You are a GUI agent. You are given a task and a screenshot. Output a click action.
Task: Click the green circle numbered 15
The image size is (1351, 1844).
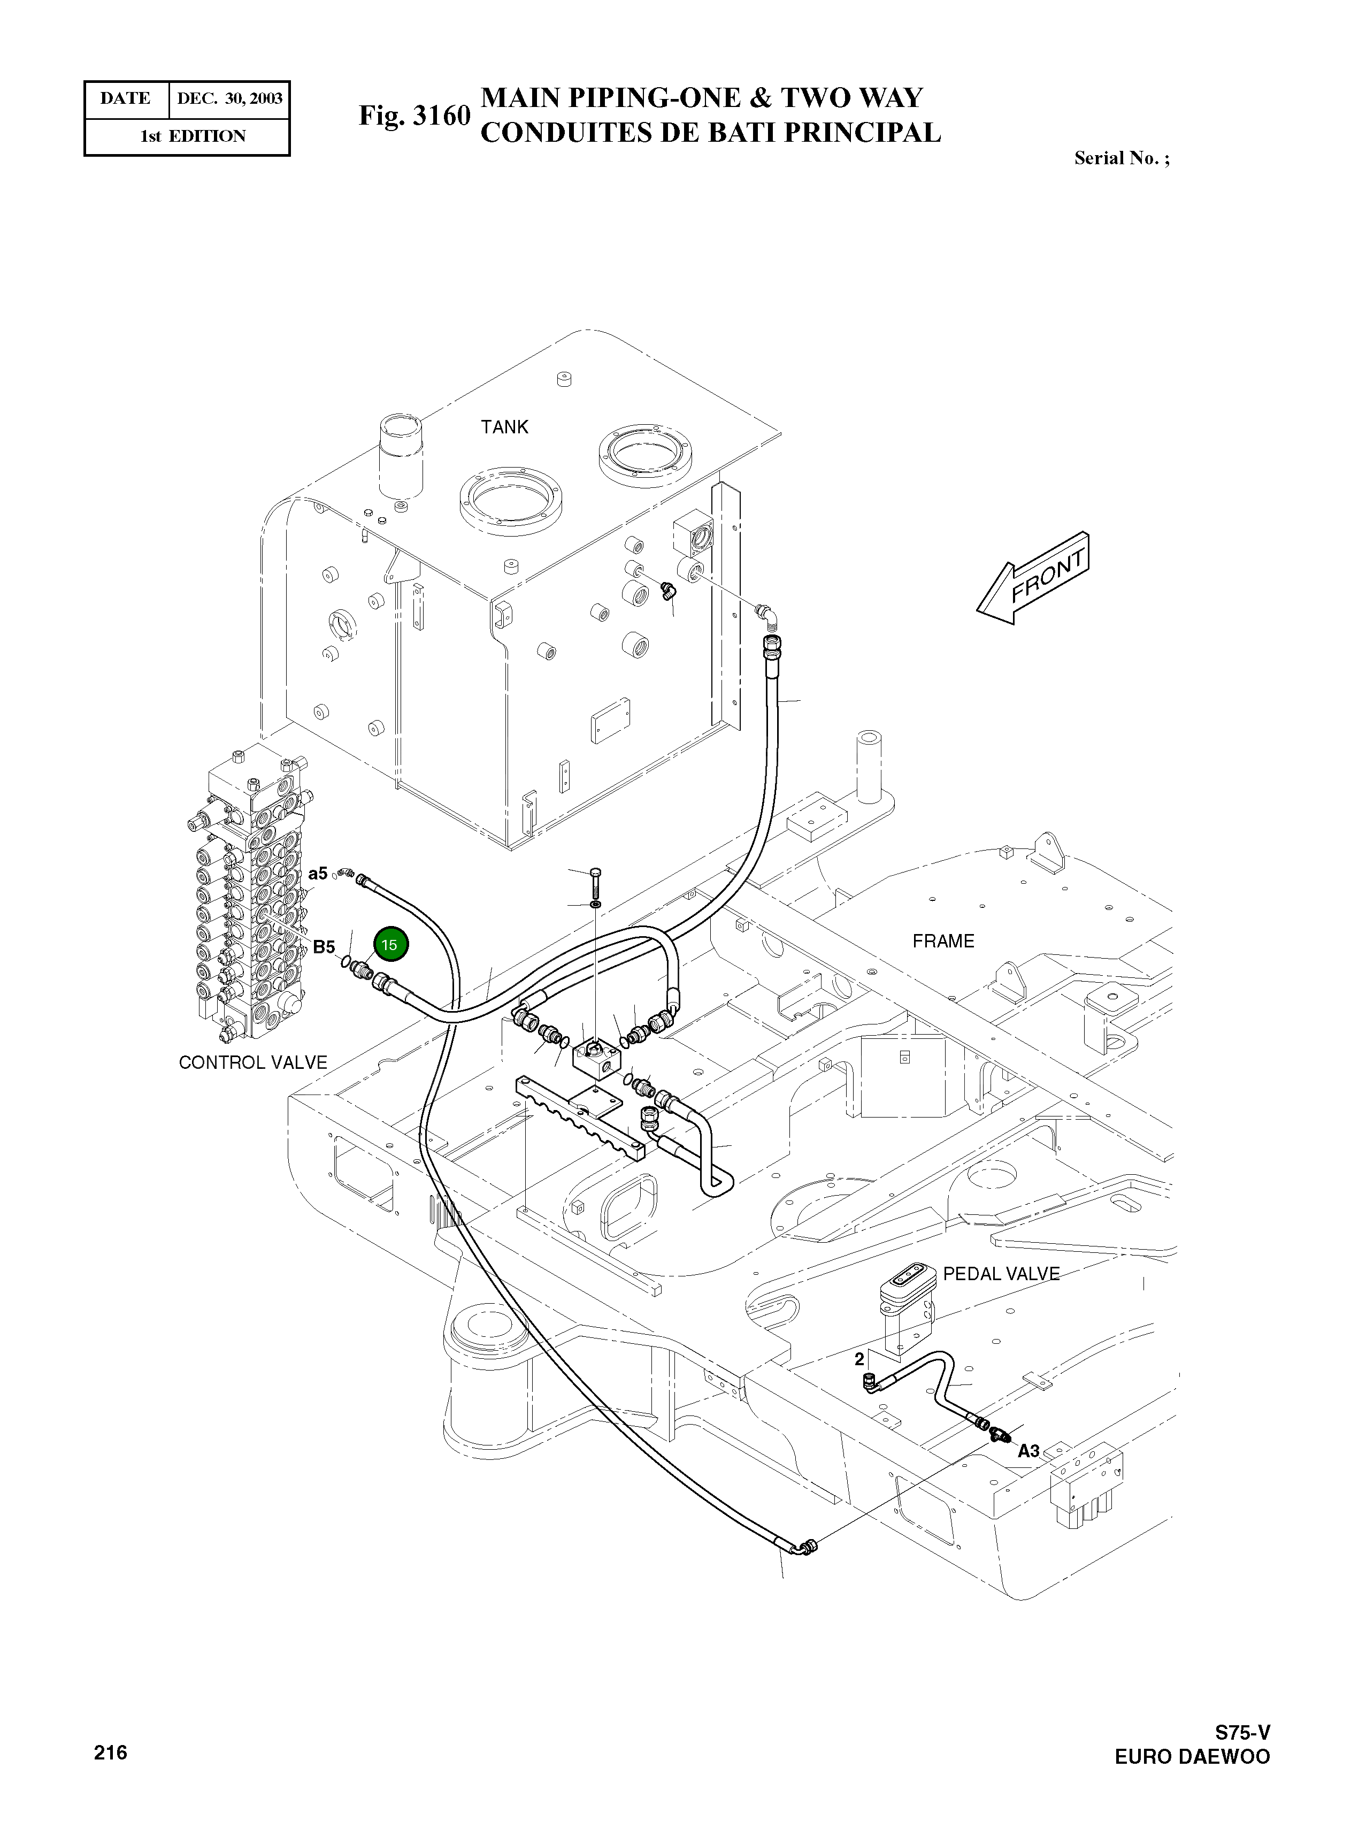click(390, 945)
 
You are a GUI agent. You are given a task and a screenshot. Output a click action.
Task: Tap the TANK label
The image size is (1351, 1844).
click(504, 427)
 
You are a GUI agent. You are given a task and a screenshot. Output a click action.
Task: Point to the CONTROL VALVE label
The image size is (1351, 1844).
click(252, 1062)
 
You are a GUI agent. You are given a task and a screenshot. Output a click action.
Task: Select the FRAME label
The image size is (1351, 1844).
click(943, 941)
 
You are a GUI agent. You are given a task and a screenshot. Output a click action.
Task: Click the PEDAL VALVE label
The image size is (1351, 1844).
click(1001, 1273)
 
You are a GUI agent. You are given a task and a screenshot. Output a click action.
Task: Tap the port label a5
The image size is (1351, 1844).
click(318, 874)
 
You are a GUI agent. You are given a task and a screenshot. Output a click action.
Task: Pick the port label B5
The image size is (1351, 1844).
click(324, 947)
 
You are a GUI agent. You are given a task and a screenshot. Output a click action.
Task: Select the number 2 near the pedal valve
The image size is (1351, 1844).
click(859, 1359)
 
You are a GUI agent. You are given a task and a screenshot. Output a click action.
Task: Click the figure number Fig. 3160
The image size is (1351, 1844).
click(414, 116)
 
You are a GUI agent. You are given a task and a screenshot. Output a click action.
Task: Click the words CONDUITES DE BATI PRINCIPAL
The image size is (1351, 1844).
click(710, 133)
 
